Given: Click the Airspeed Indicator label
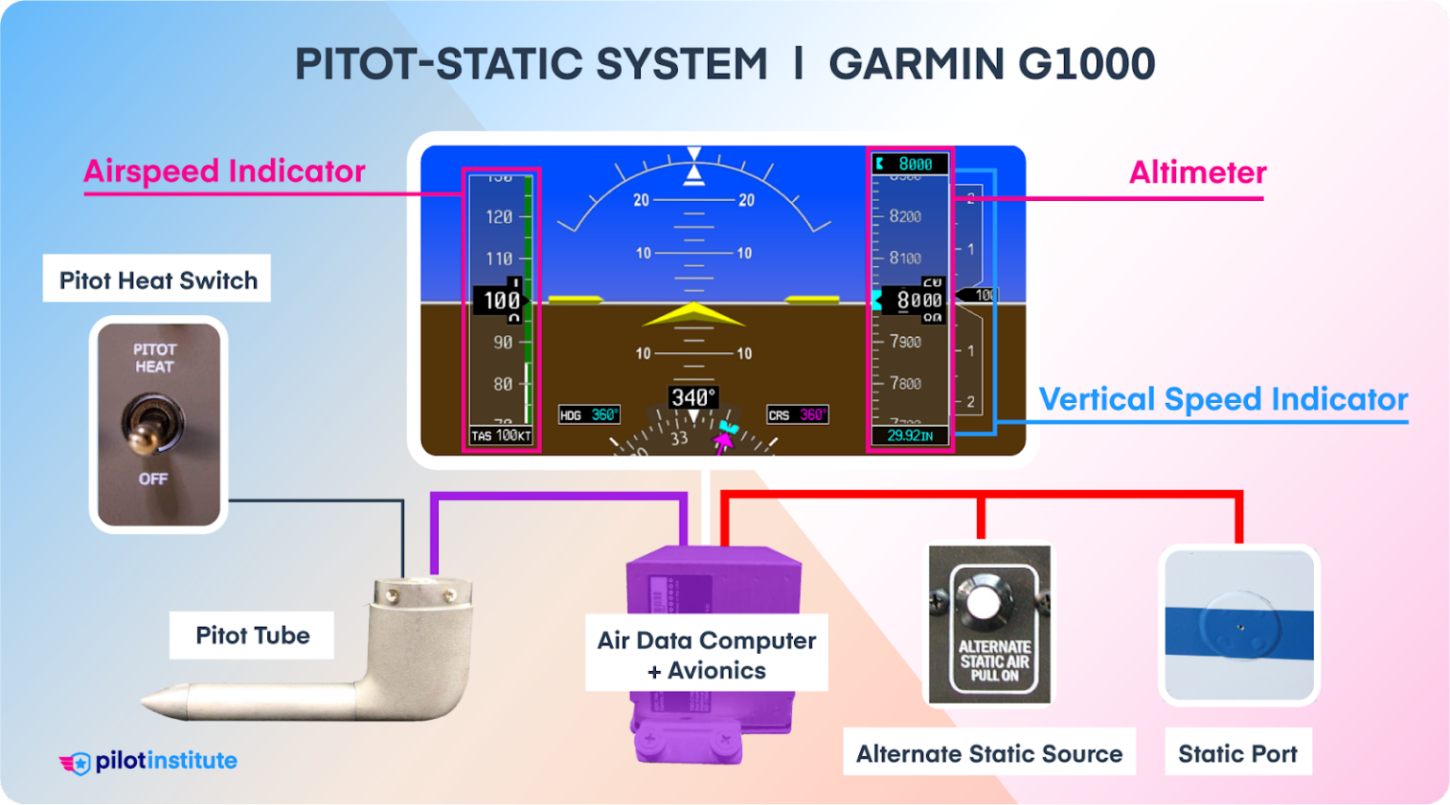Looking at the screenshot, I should pyautogui.click(x=224, y=172).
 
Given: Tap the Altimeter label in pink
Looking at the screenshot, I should pyautogui.click(x=1197, y=173).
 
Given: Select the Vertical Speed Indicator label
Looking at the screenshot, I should pyautogui.click(x=1222, y=399).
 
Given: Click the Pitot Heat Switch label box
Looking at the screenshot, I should pyautogui.click(x=158, y=280).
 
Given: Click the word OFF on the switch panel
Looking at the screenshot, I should pyautogui.click(x=153, y=479).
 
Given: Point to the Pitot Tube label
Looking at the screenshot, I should pyautogui.click(x=252, y=635).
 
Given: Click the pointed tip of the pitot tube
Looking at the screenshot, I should pyautogui.click(x=147, y=702).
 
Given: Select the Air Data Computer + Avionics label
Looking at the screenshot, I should pyautogui.click(x=706, y=655).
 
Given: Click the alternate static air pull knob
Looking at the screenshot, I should pyautogui.click(x=984, y=598).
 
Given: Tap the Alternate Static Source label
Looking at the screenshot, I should pyautogui.click(x=988, y=754).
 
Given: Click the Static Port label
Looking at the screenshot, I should pyautogui.click(x=1237, y=754).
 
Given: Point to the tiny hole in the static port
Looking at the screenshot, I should pyautogui.click(x=1240, y=628).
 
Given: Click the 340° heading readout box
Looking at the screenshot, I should pyautogui.click(x=693, y=398).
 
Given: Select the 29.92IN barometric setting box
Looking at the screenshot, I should pyautogui.click(x=909, y=436).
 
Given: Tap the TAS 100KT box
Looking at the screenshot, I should pyautogui.click(x=501, y=436).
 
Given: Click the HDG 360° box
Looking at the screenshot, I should pyautogui.click(x=589, y=415).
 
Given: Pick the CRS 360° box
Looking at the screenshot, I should pyautogui.click(x=797, y=415).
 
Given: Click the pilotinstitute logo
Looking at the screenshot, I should pyautogui.click(x=148, y=762).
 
